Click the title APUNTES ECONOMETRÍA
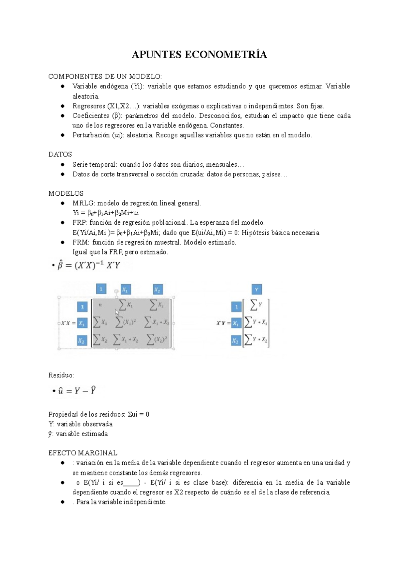tap(199, 55)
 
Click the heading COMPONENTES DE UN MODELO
tap(105, 77)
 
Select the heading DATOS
tap(60, 154)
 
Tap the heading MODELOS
tap(66, 193)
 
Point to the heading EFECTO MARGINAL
tap(83, 453)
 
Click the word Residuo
tap(61, 375)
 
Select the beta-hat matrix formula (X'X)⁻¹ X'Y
tap(89, 266)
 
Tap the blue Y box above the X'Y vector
tap(256, 289)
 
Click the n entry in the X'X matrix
tap(100, 305)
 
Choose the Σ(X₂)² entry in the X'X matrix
tap(157, 340)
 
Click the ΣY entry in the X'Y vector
tap(256, 304)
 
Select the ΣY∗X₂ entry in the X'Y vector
tap(256, 340)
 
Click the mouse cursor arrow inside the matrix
tap(117, 312)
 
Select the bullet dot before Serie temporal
tap(63, 164)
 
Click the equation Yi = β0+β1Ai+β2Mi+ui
tap(106, 213)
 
